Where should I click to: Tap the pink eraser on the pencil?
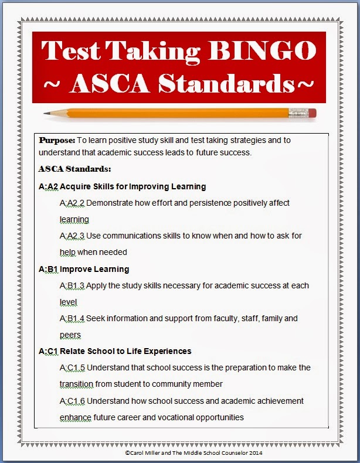pos(311,112)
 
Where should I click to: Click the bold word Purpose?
pos(57,141)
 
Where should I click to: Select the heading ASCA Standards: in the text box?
pos(74,169)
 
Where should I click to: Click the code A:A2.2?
pos(72,203)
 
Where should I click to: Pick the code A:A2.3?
pos(72,236)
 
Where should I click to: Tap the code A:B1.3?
pos(72,285)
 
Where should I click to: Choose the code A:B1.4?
pos(72,318)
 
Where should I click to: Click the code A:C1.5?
pos(73,367)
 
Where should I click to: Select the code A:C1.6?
pos(73,401)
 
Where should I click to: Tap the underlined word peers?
pos(70,335)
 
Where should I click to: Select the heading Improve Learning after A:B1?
pos(94,269)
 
